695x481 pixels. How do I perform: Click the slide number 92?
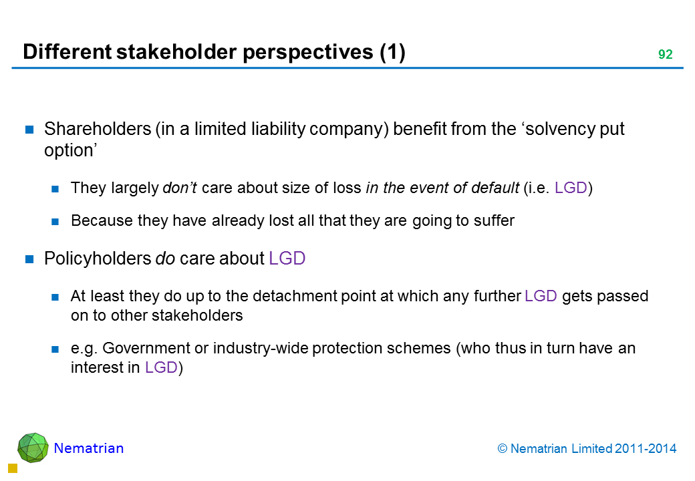(x=666, y=54)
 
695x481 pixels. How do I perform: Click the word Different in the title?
(x=67, y=52)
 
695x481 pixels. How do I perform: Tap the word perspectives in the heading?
(x=307, y=53)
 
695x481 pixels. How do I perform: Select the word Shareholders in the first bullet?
(x=98, y=129)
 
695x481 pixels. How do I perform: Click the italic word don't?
(x=180, y=188)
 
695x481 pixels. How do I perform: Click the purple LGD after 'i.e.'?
(x=571, y=188)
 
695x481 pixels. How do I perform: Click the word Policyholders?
(x=98, y=259)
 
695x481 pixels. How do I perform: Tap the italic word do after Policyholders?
(x=165, y=259)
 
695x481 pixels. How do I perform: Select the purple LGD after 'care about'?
(x=287, y=259)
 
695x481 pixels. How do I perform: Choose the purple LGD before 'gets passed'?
(x=541, y=296)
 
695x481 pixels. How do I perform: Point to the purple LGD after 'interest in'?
(x=161, y=367)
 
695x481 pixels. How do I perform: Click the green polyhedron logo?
(x=33, y=448)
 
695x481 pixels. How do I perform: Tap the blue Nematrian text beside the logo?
(x=89, y=448)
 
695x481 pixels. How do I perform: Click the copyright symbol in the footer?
(x=502, y=449)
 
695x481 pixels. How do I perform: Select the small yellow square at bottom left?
(x=13, y=468)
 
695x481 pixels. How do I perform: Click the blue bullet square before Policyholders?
(x=29, y=259)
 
